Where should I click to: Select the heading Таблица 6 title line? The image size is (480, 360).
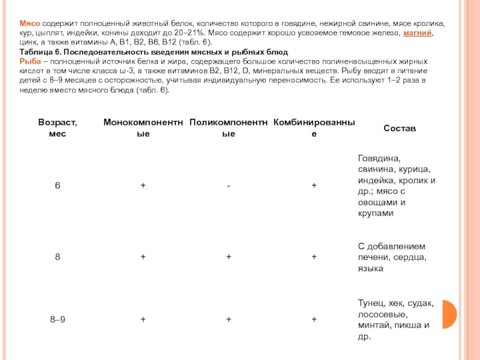pyautogui.click(x=154, y=53)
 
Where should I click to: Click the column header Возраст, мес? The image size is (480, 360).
pyautogui.click(x=58, y=128)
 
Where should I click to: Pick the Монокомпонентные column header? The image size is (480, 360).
pyautogui.click(x=143, y=128)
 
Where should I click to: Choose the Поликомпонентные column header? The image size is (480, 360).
pyautogui.click(x=229, y=128)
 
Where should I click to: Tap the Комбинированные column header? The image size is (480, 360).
pyautogui.click(x=314, y=128)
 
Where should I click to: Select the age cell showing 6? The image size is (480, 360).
pyautogui.click(x=58, y=185)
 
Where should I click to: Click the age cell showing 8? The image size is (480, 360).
pyautogui.click(x=58, y=257)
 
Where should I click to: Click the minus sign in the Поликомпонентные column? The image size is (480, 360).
pyautogui.click(x=229, y=186)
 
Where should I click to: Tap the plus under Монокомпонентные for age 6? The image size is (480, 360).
pyautogui.click(x=143, y=185)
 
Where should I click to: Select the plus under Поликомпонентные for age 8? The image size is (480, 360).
pyautogui.click(x=229, y=257)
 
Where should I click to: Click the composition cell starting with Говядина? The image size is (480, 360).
pyautogui.click(x=397, y=185)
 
